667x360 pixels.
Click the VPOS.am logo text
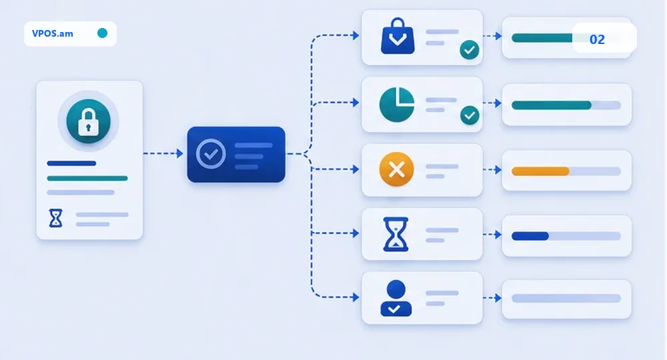(52, 33)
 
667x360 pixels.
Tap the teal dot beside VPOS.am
(102, 33)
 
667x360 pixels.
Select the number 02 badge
(597, 39)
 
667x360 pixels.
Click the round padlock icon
(89, 121)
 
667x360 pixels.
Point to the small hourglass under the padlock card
(56, 218)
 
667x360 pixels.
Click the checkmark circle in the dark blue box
(211, 154)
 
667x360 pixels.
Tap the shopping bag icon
(398, 36)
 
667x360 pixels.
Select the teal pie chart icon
(397, 105)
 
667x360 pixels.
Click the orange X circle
(396, 169)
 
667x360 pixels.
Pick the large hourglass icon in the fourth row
(396, 234)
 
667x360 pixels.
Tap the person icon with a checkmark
(396, 298)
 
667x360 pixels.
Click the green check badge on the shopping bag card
(470, 50)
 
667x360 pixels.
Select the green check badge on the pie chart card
(470, 115)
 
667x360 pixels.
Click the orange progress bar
(540, 171)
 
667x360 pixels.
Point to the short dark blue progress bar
(530, 236)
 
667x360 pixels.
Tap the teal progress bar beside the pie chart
(552, 105)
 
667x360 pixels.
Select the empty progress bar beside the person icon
(566, 299)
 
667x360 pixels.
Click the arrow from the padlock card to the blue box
(163, 153)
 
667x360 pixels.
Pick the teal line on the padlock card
(87, 178)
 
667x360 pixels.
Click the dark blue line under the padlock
(71, 163)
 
